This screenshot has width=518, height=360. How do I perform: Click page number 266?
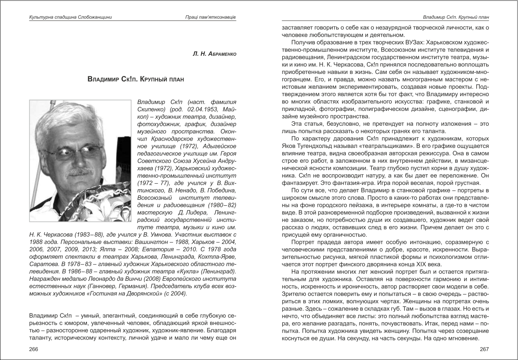(x=34, y=349)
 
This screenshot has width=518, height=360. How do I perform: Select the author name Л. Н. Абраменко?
(x=215, y=54)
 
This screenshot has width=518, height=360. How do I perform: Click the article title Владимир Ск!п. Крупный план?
(x=136, y=79)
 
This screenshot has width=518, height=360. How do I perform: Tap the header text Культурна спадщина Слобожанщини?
(x=70, y=17)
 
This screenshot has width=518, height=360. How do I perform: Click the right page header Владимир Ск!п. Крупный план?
(x=456, y=17)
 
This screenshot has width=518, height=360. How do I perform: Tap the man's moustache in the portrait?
(x=80, y=172)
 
